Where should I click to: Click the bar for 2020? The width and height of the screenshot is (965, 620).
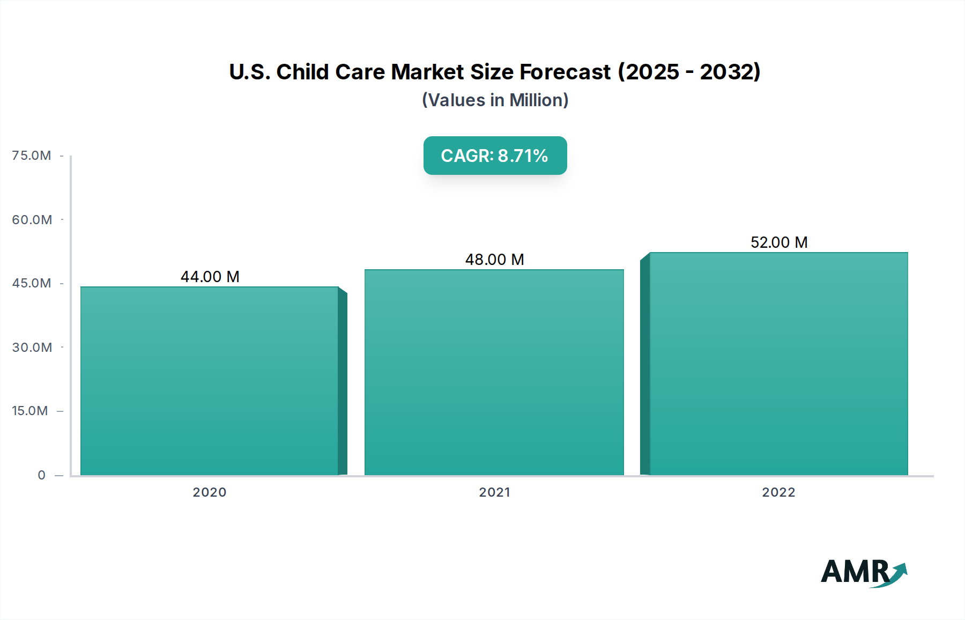coord(210,381)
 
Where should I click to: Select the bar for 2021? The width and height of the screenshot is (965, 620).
coord(494,372)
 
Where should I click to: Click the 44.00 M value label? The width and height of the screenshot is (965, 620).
coord(210,277)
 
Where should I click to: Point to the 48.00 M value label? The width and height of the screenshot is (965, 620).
coord(494,260)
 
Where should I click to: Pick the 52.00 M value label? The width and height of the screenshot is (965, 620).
coord(778,242)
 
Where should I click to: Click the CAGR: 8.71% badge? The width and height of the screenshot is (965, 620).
coord(495,156)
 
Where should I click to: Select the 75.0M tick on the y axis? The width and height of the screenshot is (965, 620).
coord(32,156)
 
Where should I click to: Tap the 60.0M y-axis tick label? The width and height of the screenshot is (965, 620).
coord(32,219)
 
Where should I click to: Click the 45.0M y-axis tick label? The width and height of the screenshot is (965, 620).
coord(32,283)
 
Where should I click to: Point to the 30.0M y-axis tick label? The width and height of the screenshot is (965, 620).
coord(32,347)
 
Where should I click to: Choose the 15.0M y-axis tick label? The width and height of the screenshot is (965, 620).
coord(30,411)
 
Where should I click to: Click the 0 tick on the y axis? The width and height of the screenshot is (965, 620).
coord(41,475)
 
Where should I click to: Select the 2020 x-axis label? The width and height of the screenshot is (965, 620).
coord(210,492)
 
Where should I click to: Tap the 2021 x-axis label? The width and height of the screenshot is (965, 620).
coord(494,492)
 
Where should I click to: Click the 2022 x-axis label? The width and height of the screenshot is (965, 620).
coord(778,492)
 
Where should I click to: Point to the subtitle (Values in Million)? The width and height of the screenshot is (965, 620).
coord(495,100)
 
